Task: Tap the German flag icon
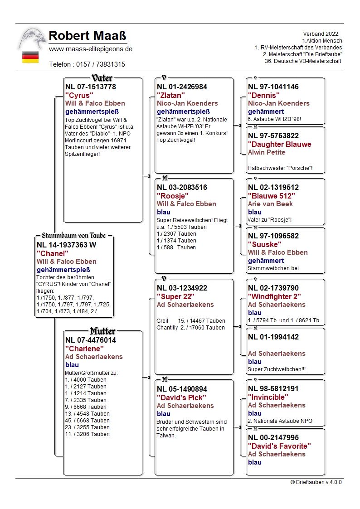coord(30,57)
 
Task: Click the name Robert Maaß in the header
coord(87,36)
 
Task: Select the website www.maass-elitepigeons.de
coord(91,49)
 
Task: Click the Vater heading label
coord(102,78)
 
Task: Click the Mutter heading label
coord(102,331)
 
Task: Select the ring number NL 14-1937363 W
coord(66,245)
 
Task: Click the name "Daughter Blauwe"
coord(279,144)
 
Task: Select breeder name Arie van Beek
coord(270,204)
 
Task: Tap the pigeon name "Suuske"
coord(264,244)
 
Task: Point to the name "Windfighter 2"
coord(274,296)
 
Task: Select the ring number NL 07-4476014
coord(91,340)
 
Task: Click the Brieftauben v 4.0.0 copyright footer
coord(316,482)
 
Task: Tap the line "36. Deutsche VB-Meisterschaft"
coord(303,61)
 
